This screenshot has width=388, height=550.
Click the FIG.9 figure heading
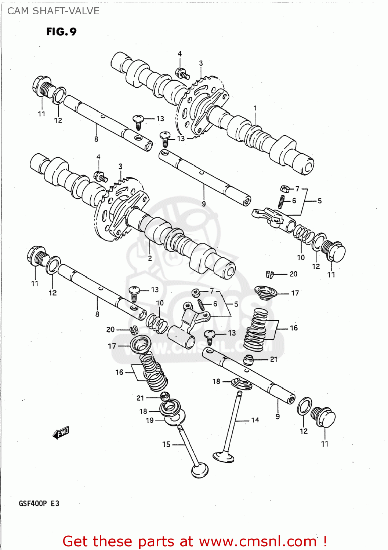61,32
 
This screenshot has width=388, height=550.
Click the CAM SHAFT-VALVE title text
53,11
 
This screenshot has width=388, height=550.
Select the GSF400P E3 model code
39,503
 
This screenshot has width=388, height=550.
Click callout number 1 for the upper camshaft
255,108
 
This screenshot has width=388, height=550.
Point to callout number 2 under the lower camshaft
150,258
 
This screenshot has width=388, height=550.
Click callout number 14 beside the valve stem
255,420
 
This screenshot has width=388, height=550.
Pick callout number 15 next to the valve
166,444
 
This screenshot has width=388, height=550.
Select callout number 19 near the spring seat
150,420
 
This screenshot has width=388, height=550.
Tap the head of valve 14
224,456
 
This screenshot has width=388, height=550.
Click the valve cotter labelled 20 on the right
270,274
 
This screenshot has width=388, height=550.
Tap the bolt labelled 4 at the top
182,73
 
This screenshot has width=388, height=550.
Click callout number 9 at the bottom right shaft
278,416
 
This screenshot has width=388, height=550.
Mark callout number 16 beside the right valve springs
294,328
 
